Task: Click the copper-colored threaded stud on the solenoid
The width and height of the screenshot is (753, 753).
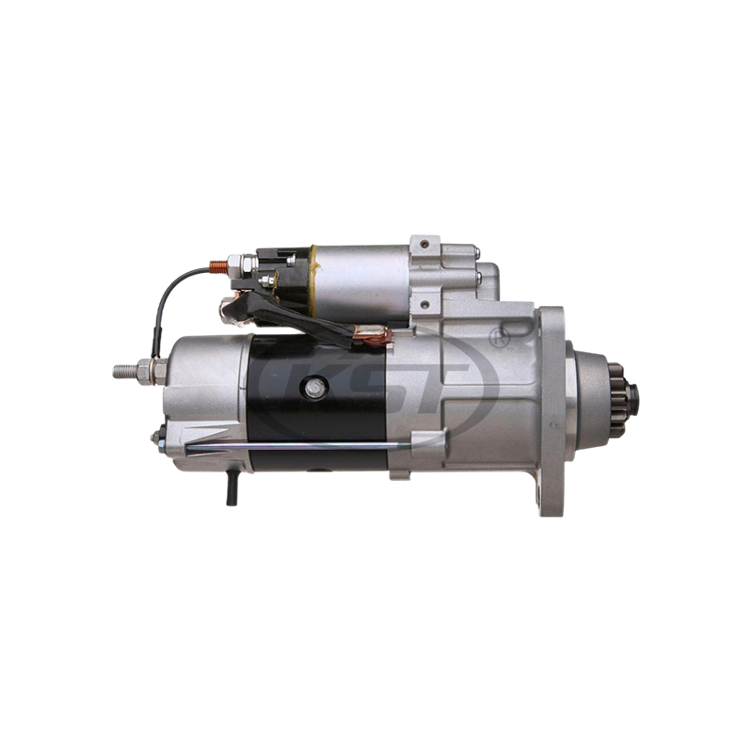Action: (221, 266)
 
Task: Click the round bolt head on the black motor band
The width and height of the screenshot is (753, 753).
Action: (312, 387)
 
